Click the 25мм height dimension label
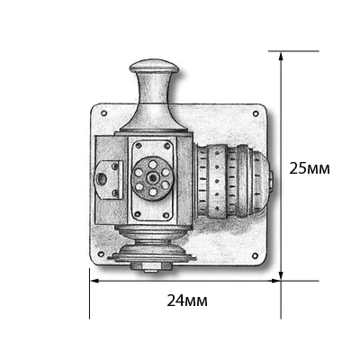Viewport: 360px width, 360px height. tap(310, 168)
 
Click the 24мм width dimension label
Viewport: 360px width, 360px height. tap(187, 301)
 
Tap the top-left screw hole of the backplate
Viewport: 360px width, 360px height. tap(104, 113)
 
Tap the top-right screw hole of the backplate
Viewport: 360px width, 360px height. tap(256, 113)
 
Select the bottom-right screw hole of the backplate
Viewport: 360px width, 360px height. tap(255, 256)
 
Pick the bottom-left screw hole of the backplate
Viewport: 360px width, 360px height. tap(101, 254)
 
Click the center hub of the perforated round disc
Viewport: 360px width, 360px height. tap(152, 178)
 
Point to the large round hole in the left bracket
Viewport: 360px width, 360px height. tap(102, 179)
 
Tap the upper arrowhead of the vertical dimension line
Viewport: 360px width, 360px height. tap(281, 57)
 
